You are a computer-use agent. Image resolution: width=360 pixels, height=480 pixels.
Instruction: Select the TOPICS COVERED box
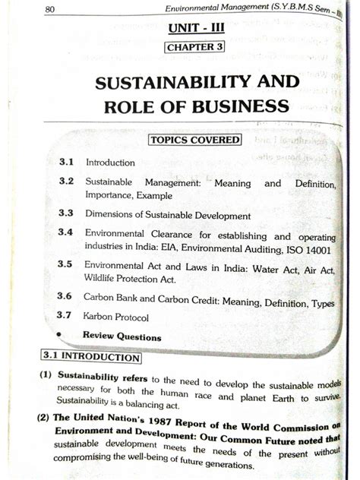coord(194,140)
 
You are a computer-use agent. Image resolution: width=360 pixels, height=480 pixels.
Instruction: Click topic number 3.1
coord(65,163)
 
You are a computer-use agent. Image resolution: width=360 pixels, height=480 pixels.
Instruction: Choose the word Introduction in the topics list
coord(110,163)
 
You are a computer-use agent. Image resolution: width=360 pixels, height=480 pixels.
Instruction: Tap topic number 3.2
coord(65,183)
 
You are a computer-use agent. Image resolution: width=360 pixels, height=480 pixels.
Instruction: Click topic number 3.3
coord(65,215)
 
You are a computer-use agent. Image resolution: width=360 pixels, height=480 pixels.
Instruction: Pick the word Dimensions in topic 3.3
coord(109,216)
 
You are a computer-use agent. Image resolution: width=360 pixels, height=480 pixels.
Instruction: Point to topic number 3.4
coord(65,234)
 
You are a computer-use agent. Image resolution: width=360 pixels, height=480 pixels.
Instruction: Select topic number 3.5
coord(65,266)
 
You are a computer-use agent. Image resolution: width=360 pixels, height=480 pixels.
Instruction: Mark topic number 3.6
coord(66,298)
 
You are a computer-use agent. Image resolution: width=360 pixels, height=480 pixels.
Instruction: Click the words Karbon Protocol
coord(116,317)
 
